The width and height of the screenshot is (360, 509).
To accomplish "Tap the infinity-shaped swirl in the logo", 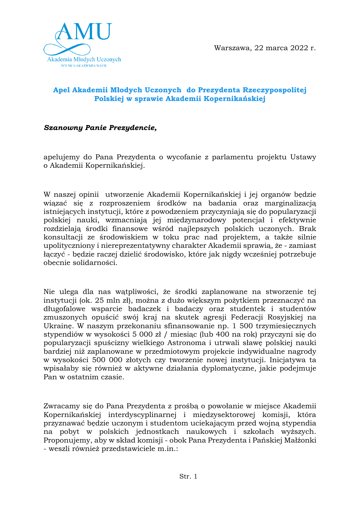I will (x=67, y=48).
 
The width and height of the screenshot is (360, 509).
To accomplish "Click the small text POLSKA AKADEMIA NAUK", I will (x=84, y=66).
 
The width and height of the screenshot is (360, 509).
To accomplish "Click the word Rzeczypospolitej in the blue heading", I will (x=274, y=90).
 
